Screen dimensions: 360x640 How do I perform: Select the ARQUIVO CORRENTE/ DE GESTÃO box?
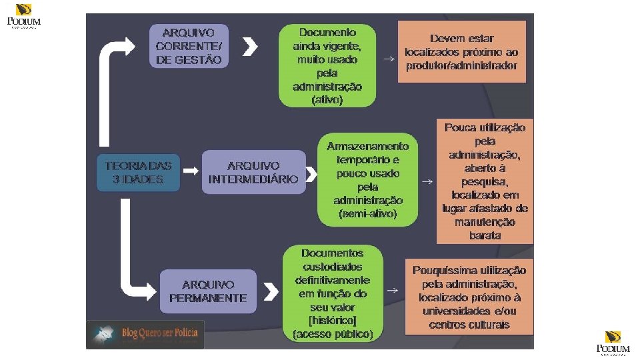[189, 46]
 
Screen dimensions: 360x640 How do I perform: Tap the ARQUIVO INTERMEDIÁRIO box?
[253, 173]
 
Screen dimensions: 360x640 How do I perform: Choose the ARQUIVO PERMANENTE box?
[208, 291]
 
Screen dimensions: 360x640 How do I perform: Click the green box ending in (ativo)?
[327, 66]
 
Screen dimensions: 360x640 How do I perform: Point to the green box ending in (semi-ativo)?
[368, 180]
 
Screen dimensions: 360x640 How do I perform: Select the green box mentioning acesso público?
[333, 293]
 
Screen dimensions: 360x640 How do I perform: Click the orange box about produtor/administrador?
[461, 52]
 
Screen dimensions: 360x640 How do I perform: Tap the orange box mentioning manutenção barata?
[485, 181]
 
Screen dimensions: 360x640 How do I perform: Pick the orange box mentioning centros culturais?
[469, 297]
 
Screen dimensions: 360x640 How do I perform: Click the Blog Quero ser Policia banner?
[147, 333]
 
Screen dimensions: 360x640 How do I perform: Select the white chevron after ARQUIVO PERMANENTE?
[270, 291]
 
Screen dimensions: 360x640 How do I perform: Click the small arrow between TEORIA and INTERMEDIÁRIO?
[191, 171]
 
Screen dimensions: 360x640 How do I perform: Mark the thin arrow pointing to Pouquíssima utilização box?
[393, 290]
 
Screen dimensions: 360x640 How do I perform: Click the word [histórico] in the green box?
[333, 321]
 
